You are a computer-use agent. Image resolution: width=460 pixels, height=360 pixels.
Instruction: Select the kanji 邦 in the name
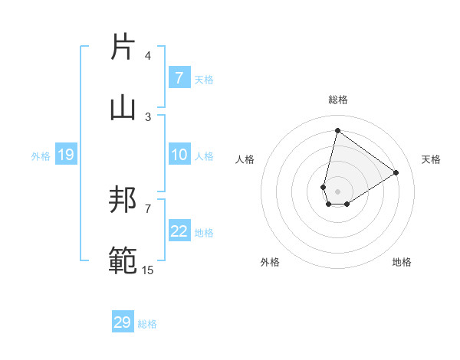[x=123, y=201]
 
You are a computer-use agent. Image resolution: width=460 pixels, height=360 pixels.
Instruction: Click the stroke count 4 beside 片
[x=148, y=56]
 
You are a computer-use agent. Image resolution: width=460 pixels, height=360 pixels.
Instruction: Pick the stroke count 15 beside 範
[x=148, y=269]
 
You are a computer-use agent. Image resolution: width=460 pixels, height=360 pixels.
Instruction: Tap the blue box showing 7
[x=179, y=78]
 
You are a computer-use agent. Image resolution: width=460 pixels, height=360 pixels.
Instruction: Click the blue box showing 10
[x=179, y=155]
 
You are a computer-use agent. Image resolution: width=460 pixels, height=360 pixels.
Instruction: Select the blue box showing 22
[x=179, y=232]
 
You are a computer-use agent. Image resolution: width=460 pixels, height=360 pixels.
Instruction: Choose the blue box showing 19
[x=66, y=155]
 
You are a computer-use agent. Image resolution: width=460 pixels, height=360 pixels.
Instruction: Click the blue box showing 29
[x=123, y=323]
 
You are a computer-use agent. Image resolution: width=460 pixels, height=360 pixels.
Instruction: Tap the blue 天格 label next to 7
[x=204, y=79]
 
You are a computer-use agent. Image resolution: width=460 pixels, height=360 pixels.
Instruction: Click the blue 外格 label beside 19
[x=41, y=156]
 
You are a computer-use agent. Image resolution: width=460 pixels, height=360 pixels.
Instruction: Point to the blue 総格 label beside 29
[x=147, y=324]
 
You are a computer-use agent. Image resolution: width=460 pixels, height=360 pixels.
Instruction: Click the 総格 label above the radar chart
[x=338, y=100]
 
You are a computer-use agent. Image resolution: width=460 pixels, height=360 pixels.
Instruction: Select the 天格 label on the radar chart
[x=432, y=159]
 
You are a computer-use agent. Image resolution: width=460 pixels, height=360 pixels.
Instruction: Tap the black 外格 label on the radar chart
[x=270, y=262]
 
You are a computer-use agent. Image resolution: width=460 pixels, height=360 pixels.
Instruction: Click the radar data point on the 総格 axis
[x=337, y=130]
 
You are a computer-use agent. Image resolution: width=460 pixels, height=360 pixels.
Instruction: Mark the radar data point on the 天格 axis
[x=396, y=172]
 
